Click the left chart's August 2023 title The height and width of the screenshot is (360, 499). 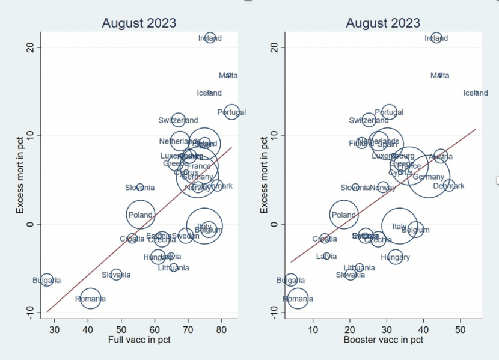(x=139, y=23)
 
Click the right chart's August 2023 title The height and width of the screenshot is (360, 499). (x=383, y=23)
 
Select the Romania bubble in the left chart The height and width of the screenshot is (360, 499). (x=90, y=297)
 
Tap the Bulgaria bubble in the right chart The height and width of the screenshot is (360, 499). (x=291, y=280)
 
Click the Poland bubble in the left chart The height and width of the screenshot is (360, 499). (x=140, y=215)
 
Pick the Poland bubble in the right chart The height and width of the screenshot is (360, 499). (x=344, y=215)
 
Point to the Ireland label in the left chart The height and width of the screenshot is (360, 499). (x=210, y=38)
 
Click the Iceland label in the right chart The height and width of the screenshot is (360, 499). (x=476, y=93)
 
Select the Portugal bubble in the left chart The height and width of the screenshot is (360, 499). (x=231, y=112)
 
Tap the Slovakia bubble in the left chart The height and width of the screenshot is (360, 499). (x=116, y=275)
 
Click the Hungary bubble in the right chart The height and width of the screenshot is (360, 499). (x=395, y=257)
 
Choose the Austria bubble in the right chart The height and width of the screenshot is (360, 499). (x=441, y=157)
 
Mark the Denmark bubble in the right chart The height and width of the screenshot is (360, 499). (x=448, y=186)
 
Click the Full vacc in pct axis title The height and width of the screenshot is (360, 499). (x=139, y=340)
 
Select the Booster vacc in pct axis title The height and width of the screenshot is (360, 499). (x=383, y=340)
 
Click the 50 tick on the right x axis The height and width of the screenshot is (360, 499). (x=460, y=329)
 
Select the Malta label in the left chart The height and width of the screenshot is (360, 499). (x=228, y=76)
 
